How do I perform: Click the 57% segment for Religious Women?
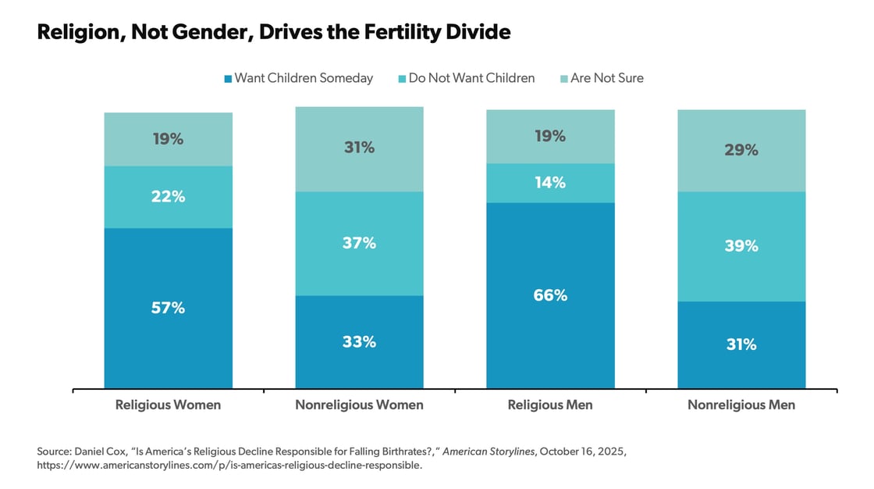169,308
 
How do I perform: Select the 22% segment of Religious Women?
169,197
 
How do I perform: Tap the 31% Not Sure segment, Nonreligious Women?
359,148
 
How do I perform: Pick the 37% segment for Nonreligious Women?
359,243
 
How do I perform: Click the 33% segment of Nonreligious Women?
359,341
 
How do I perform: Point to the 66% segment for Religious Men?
550,295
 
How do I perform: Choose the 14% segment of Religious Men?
550,183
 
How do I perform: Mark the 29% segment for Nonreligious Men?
741,150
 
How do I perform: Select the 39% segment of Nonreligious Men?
741,246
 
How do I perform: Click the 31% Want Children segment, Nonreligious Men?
741,344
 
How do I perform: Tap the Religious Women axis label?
168,405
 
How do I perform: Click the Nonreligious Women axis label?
359,405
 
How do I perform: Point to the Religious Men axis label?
550,405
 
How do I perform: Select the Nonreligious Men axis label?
741,405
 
